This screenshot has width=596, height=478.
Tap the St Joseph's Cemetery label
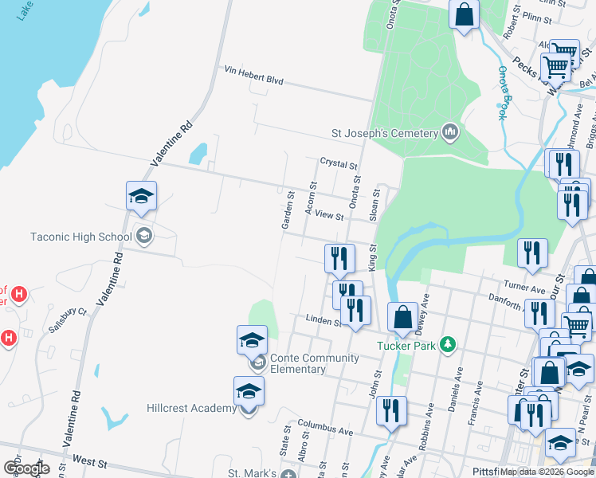tap(386, 132)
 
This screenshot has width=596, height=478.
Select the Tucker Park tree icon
tap(449, 344)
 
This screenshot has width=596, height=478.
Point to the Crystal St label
tap(339, 163)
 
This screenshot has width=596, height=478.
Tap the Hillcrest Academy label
tap(191, 408)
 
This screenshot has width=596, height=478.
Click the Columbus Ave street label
tap(325, 429)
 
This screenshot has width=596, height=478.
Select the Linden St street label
tap(323, 320)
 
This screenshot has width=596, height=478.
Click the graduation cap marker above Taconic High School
tap(141, 196)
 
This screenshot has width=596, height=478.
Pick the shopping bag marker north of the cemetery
tap(463, 14)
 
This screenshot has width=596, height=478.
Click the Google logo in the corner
tap(25, 468)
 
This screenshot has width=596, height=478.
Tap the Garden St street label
tap(288, 210)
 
